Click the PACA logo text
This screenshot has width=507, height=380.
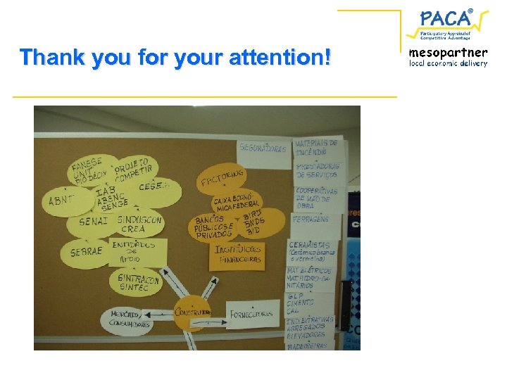(x=446, y=17)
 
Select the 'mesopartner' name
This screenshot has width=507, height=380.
(x=448, y=52)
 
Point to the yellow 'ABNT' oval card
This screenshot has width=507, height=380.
(x=61, y=200)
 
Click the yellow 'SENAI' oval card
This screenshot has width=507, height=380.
(x=93, y=222)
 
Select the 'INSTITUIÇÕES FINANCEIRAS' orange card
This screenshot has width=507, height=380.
(x=238, y=255)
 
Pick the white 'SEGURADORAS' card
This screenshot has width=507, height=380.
(x=263, y=148)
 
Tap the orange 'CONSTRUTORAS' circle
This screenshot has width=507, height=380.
(x=192, y=312)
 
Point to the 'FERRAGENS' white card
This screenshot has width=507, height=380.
(x=312, y=221)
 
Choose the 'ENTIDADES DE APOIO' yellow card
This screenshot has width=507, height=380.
(x=138, y=251)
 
